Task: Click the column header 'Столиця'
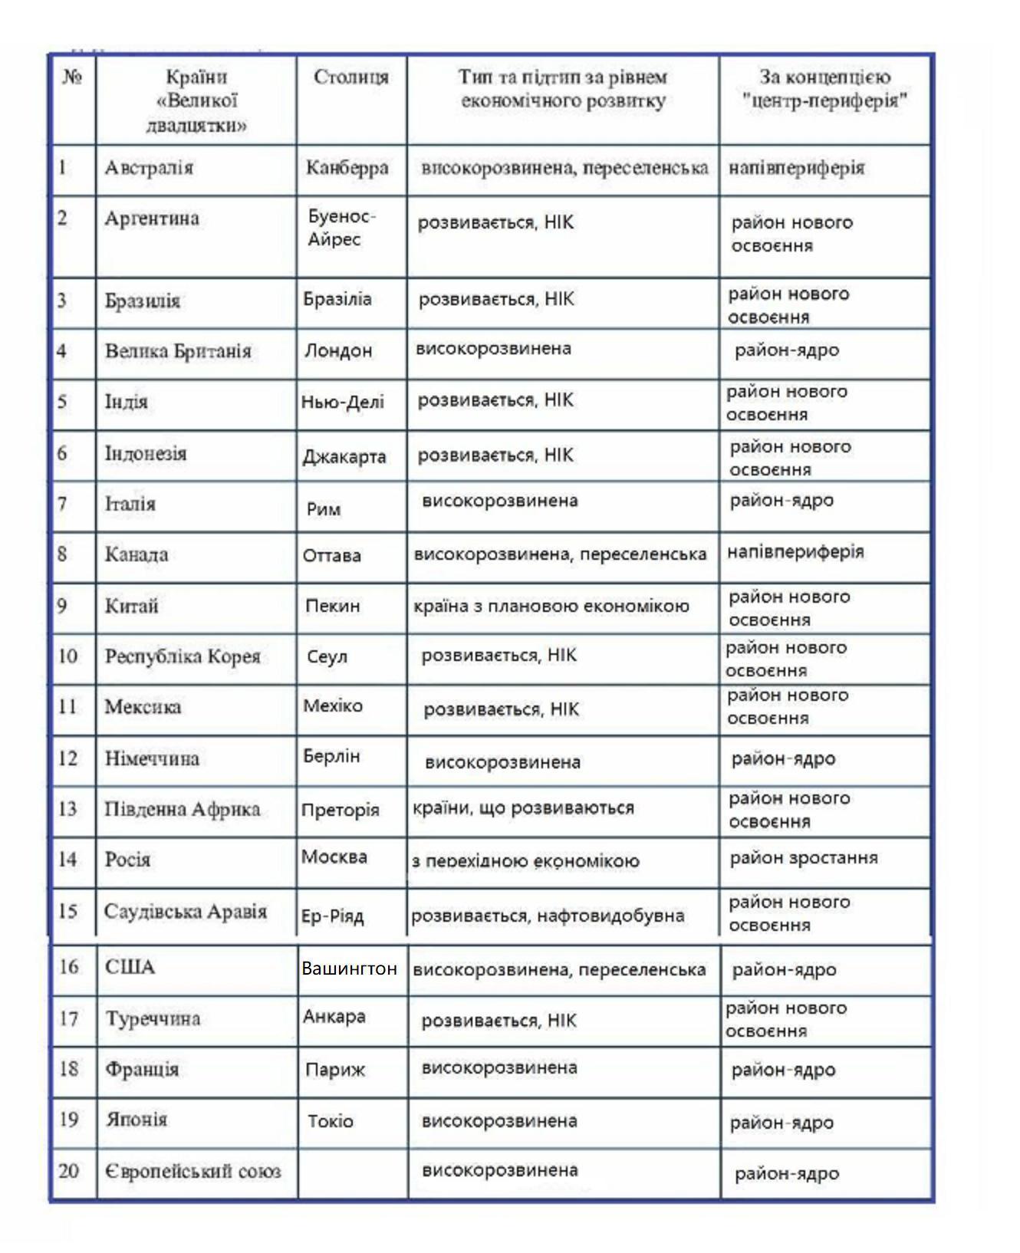[350, 77]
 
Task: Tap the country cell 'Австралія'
[149, 168]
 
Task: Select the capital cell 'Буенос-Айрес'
[341, 228]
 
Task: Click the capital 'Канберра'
[347, 168]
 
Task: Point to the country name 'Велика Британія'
[178, 351]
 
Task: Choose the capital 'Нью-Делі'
[343, 402]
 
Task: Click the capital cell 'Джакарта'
[344, 457]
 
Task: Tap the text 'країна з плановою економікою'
[551, 607]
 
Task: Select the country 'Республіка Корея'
[183, 657]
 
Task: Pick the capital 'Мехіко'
[333, 706]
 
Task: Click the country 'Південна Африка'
[183, 810]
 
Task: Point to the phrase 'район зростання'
[804, 858]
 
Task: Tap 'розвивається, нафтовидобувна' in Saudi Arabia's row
[548, 916]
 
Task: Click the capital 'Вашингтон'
[349, 969]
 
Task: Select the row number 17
[69, 1019]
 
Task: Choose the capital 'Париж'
[335, 1070]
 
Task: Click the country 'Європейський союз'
[192, 1172]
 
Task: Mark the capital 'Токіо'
[331, 1122]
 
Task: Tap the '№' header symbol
[72, 77]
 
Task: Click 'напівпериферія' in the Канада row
[795, 552]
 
